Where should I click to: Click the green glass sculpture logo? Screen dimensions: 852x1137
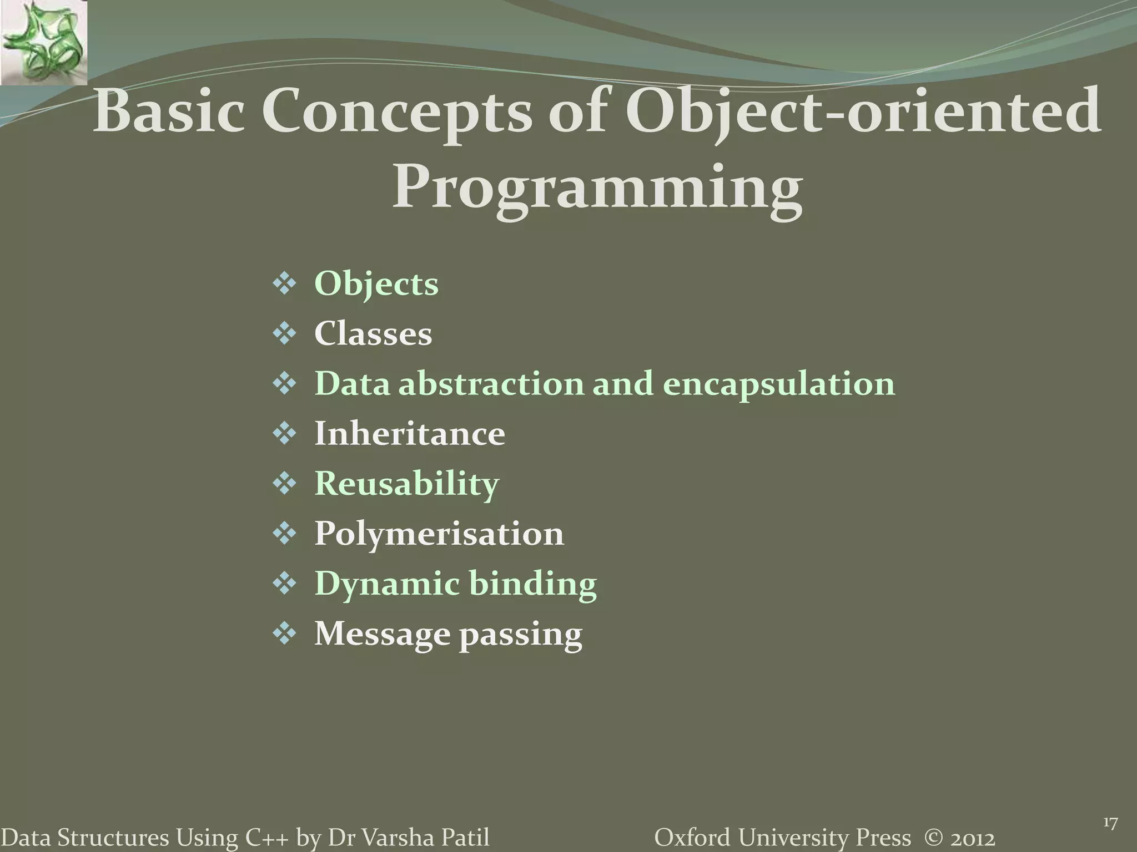[x=43, y=42]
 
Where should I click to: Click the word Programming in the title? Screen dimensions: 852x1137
[x=597, y=189]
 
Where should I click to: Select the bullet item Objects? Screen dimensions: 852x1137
[x=376, y=284]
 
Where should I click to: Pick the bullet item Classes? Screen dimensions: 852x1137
[x=373, y=334]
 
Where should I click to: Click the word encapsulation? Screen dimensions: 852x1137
[x=778, y=384]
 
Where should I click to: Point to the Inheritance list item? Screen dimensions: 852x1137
[x=410, y=434]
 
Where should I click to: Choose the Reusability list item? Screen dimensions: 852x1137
[x=406, y=484]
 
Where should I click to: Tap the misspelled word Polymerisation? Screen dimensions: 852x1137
[x=439, y=534]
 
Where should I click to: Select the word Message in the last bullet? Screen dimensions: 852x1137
[x=382, y=633]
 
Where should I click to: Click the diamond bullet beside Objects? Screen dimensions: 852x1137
[x=284, y=285]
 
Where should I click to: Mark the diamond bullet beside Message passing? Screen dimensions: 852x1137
[x=284, y=634]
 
